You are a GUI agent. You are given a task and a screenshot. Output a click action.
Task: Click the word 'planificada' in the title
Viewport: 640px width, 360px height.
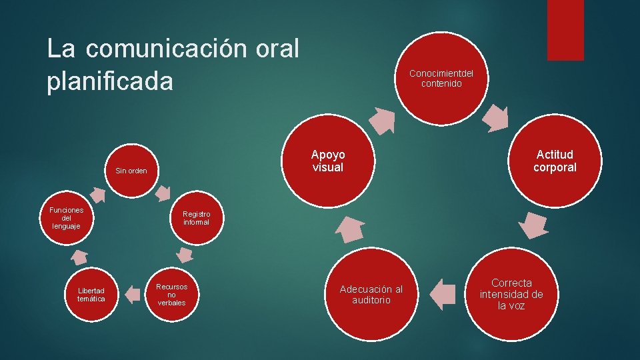pos(110,82)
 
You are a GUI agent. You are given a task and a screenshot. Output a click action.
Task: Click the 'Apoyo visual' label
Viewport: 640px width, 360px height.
pos(328,161)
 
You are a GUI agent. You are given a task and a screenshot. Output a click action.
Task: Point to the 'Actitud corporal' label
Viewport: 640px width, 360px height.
pos(555,161)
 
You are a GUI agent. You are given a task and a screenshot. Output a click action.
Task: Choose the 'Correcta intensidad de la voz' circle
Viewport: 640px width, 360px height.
pos(511,294)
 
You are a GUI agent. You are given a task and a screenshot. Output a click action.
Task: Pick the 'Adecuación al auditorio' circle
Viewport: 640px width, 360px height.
pos(371,294)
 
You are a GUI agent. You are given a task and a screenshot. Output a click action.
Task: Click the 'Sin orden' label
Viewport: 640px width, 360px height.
pos(131,171)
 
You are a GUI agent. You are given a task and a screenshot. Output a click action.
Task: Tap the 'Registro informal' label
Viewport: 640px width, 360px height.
pos(196,218)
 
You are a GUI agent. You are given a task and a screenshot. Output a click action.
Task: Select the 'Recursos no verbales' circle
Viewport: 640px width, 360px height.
pos(171,294)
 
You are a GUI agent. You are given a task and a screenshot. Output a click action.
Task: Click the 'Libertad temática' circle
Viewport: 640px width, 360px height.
pos(91,294)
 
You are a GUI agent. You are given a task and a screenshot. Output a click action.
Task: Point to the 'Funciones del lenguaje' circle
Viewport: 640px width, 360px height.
pos(67,218)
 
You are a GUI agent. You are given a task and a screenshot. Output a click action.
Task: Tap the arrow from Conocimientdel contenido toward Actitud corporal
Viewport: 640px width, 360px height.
pos(495,117)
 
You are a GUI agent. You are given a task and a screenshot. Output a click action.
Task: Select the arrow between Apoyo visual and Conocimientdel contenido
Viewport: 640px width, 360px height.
pos(382,120)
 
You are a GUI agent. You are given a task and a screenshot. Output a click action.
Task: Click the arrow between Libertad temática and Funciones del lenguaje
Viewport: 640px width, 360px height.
pos(80,257)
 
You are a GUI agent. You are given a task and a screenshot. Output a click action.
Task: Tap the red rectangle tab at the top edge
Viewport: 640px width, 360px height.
pos(565,30)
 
